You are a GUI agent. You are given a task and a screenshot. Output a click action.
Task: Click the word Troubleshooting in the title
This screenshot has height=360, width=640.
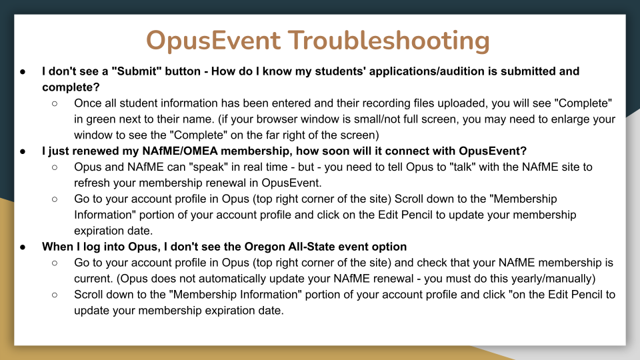[389, 41]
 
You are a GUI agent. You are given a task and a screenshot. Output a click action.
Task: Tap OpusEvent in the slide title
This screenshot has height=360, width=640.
[213, 41]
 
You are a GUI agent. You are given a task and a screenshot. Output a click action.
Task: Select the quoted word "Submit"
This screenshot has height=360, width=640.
[135, 71]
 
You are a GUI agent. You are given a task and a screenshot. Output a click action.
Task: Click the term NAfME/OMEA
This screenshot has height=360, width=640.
[179, 151]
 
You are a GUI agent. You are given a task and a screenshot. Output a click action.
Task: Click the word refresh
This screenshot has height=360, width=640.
[92, 183]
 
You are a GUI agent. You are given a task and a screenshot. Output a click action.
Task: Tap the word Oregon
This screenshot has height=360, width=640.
[265, 247]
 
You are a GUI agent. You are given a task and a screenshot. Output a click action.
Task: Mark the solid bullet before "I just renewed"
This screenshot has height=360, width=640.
[23, 151]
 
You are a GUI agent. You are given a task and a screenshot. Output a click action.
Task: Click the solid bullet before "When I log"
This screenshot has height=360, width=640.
[23, 247]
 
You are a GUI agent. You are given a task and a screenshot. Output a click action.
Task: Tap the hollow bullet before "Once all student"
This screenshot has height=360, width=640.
[55, 104]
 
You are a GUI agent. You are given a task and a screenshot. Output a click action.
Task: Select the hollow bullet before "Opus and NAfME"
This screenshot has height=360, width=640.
[55, 167]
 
